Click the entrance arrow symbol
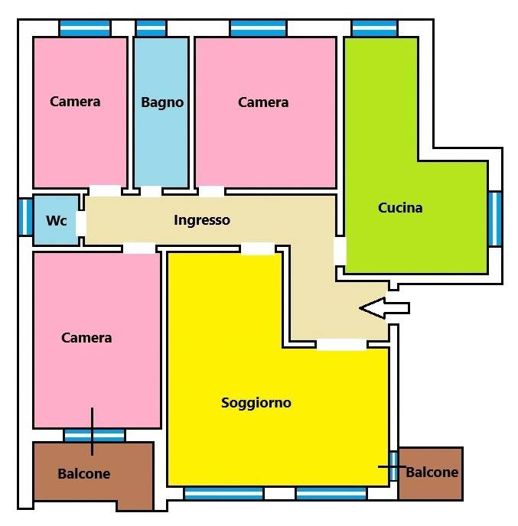[x=384, y=308]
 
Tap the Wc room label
[x=57, y=220]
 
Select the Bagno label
[x=162, y=102]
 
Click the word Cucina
[x=400, y=208]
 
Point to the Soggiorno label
[x=256, y=403]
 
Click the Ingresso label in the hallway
[x=202, y=220]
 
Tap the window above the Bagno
[x=151, y=28]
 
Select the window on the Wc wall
[x=25, y=216]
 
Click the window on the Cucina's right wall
[x=495, y=219]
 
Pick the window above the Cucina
[x=375, y=28]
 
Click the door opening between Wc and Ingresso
[x=81, y=224]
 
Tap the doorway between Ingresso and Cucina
[x=340, y=251]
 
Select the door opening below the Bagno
[x=151, y=192]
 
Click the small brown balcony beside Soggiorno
[x=431, y=474]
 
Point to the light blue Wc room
[x=56, y=220]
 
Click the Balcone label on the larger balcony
[x=84, y=474]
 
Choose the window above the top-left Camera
[x=85, y=28]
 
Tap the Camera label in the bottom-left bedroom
[x=86, y=338]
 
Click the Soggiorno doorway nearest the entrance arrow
[x=342, y=345]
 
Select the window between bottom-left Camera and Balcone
[x=94, y=436]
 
